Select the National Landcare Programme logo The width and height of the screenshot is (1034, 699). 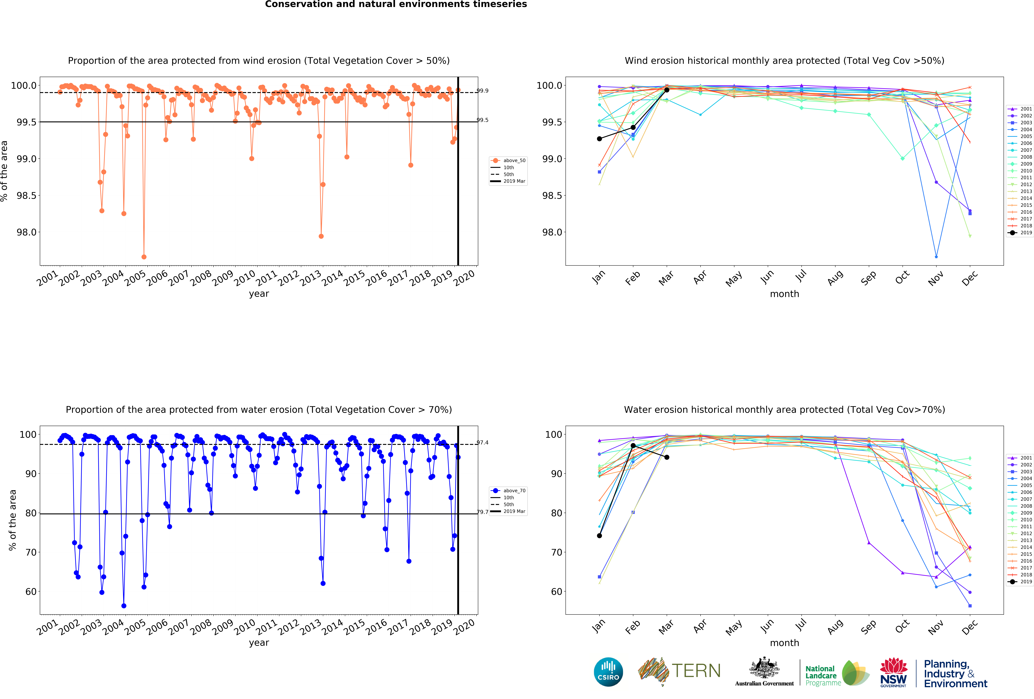coord(836,673)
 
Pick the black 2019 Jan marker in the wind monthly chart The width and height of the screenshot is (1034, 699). coord(599,139)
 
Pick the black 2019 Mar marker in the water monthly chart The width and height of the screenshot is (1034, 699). coord(666,457)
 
